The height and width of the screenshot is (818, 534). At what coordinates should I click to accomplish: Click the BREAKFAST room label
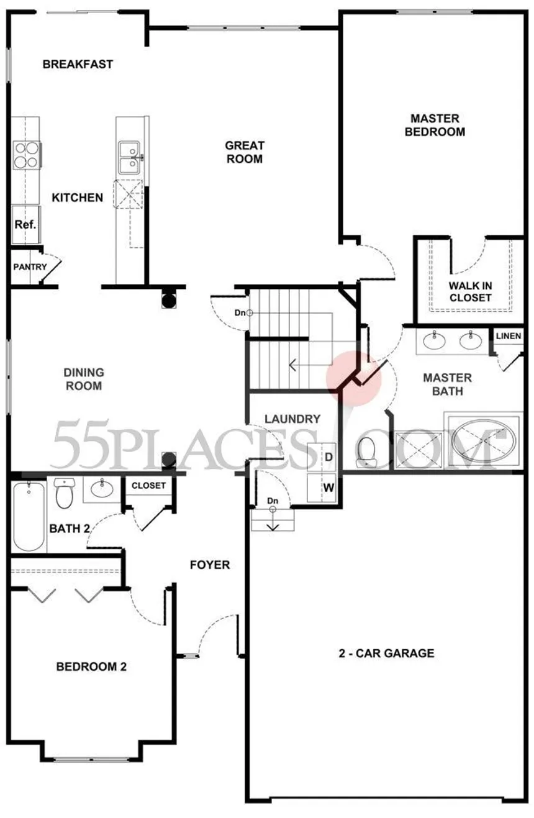click(x=78, y=64)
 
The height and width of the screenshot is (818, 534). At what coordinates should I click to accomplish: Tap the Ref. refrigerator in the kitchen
click(x=25, y=224)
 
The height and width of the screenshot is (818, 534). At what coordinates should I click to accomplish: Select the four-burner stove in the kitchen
click(x=26, y=155)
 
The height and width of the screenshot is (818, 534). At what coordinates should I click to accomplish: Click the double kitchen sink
click(x=129, y=158)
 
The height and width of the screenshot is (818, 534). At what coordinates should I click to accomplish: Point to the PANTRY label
click(x=30, y=267)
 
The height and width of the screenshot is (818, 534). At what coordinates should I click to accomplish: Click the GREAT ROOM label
click(x=245, y=152)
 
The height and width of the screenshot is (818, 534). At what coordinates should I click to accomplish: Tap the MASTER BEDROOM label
click(x=435, y=125)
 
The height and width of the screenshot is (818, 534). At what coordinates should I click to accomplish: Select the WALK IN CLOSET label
click(x=470, y=291)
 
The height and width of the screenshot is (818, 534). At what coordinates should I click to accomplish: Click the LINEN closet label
click(x=509, y=335)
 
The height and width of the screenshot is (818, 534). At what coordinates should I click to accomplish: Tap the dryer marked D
click(x=322, y=457)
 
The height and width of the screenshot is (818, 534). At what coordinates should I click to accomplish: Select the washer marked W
click(x=322, y=488)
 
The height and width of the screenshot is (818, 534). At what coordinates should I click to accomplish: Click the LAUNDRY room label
click(x=292, y=419)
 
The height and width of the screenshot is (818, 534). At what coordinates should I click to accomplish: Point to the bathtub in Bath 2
click(x=29, y=516)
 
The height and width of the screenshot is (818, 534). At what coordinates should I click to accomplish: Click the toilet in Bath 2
click(x=64, y=493)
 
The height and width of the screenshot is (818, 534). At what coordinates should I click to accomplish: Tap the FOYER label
click(x=210, y=565)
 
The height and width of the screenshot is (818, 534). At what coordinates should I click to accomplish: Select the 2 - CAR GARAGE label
click(x=386, y=653)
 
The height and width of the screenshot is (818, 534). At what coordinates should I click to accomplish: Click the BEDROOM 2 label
click(x=91, y=666)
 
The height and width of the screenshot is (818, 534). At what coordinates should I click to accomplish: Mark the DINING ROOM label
click(x=84, y=379)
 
